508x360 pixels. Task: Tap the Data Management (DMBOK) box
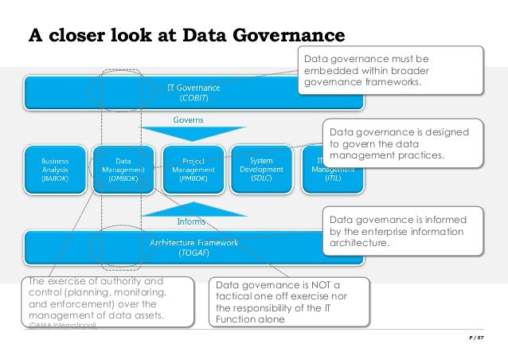[x=123, y=170]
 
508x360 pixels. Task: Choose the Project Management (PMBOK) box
[x=191, y=170]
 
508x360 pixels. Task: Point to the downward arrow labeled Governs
[x=189, y=130]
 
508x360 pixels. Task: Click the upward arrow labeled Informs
[x=189, y=210]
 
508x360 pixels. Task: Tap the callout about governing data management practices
[x=402, y=144]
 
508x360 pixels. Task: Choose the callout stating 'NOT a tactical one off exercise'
[x=289, y=302]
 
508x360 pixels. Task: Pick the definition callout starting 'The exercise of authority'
[x=99, y=302]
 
